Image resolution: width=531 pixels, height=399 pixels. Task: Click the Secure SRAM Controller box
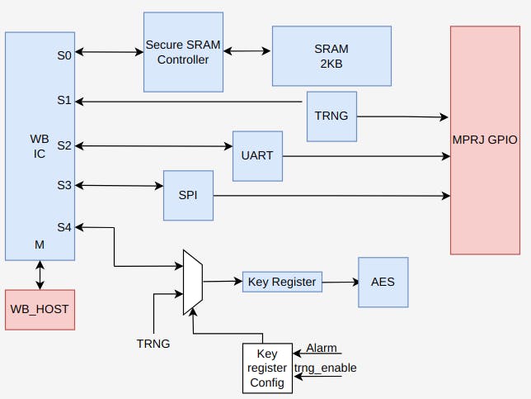[x=183, y=52]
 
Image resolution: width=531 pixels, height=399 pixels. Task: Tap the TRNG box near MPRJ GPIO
[x=331, y=116]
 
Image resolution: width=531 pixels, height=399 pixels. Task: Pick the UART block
[x=257, y=155]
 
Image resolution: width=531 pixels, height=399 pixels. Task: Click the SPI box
[x=188, y=195]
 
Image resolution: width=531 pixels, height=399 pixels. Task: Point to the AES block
[x=383, y=282]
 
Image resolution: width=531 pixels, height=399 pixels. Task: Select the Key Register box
[x=281, y=282]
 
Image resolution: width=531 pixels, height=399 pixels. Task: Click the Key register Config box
[x=266, y=368]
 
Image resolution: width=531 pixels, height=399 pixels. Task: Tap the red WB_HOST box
[x=40, y=309]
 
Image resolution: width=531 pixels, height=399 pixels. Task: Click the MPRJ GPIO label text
[x=485, y=140]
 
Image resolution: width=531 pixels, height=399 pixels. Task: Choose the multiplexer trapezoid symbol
[x=192, y=283]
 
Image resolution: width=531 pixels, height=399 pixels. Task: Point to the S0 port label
[x=64, y=55]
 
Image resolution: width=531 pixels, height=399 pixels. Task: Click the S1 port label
[x=64, y=101]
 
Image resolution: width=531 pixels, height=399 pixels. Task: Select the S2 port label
[x=64, y=145]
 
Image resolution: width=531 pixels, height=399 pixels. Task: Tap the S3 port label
[x=64, y=185]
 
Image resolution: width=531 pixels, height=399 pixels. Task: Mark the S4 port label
[x=64, y=226]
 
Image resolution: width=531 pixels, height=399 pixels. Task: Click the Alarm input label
[x=321, y=349]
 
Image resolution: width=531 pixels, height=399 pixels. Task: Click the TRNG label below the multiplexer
[x=153, y=343]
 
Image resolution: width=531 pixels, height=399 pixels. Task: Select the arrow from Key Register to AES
[x=340, y=282]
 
